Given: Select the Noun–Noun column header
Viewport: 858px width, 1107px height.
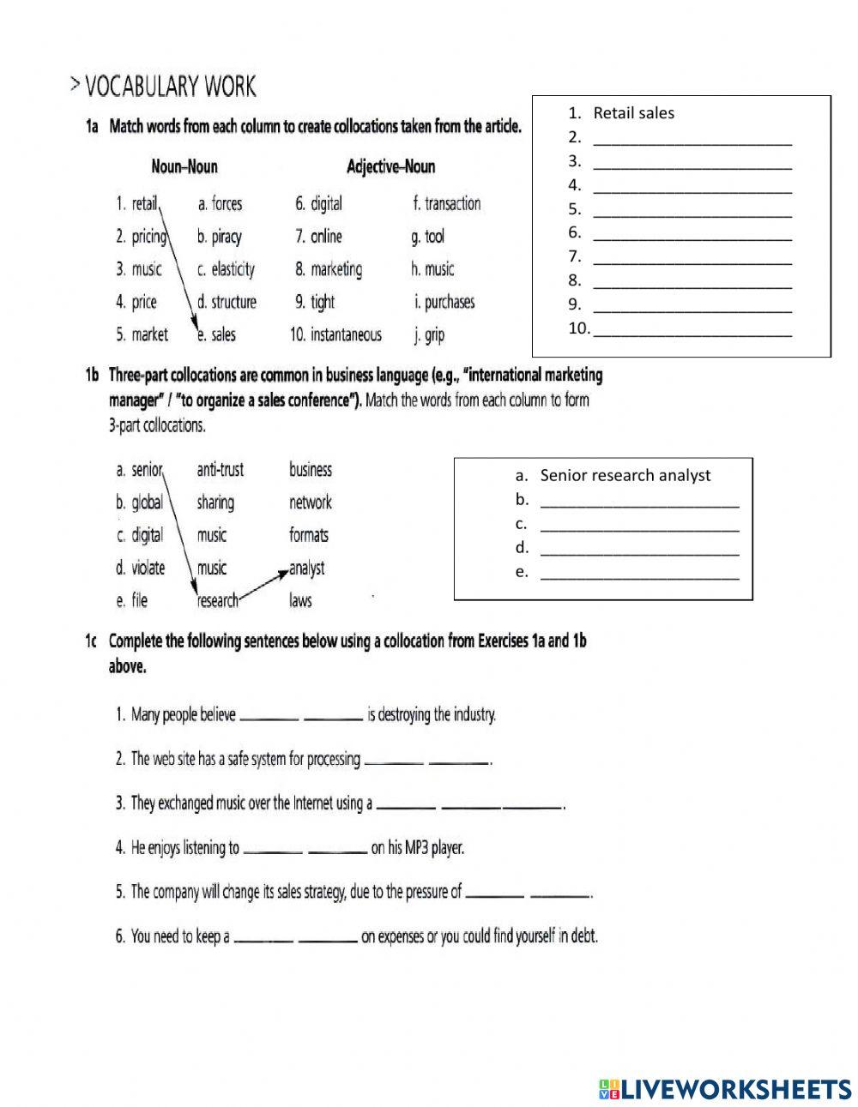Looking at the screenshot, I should [184, 166].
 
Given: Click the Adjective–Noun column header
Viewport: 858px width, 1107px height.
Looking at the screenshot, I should [390, 166].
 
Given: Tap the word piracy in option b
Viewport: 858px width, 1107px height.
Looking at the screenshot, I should [227, 237].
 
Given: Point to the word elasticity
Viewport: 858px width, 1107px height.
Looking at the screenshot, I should [233, 269].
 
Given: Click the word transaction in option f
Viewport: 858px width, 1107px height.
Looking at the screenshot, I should [452, 204].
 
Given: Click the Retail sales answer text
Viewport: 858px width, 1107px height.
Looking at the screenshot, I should [633, 113].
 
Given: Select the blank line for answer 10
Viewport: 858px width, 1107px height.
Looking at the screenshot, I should [692, 329].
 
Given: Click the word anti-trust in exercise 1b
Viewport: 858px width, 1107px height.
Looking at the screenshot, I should [220, 470].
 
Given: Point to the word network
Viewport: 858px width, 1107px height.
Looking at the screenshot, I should [310, 502].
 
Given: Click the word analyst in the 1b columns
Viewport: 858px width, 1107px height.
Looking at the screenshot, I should [306, 568].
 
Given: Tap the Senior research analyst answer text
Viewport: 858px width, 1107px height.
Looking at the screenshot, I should [625, 476].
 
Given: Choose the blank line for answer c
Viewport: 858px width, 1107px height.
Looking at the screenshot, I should [639, 525].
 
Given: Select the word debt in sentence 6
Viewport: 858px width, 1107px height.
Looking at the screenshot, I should [582, 936].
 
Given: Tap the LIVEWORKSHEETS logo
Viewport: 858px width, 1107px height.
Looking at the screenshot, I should [725, 1089].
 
